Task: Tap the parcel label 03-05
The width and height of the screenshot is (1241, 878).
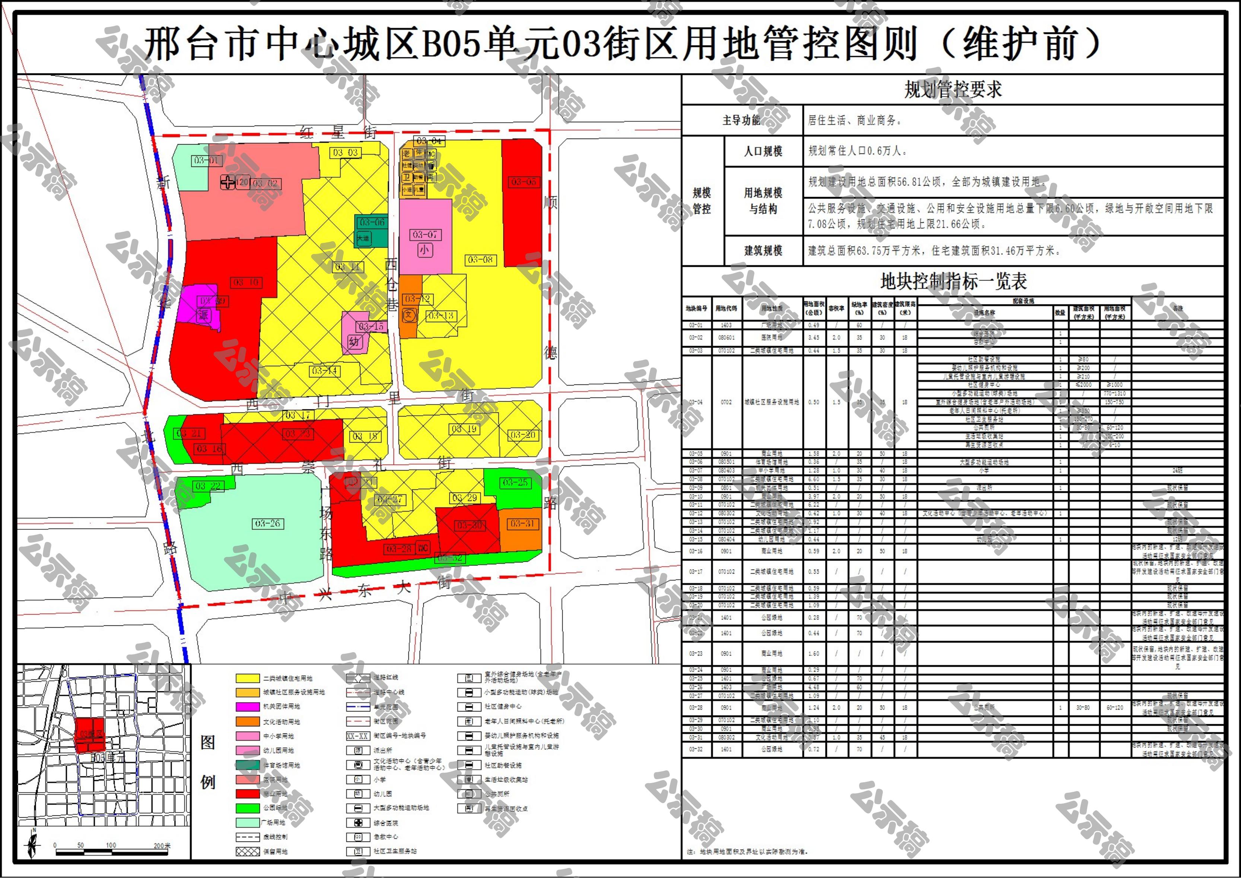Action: point(523,182)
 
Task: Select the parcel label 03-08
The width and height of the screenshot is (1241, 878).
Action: point(480,260)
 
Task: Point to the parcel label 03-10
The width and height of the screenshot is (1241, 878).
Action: point(246,282)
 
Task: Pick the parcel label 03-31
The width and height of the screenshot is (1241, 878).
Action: point(522,523)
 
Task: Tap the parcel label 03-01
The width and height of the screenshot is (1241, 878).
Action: point(207,161)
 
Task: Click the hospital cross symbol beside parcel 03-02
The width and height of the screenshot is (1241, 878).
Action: point(227,183)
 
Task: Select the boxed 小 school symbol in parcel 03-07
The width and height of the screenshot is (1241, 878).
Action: point(424,250)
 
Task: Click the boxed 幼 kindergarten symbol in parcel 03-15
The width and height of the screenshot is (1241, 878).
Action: point(354,342)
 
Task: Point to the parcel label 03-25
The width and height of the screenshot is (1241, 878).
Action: point(515,482)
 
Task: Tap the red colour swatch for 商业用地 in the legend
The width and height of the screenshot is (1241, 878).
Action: point(248,794)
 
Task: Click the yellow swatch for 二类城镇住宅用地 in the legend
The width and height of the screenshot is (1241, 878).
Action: point(248,678)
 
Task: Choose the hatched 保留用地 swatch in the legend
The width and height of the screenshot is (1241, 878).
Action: point(248,852)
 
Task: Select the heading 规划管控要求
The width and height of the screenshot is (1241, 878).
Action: point(952,90)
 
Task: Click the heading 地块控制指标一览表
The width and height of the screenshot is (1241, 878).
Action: point(952,281)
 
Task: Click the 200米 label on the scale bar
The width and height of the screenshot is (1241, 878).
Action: point(162,846)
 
